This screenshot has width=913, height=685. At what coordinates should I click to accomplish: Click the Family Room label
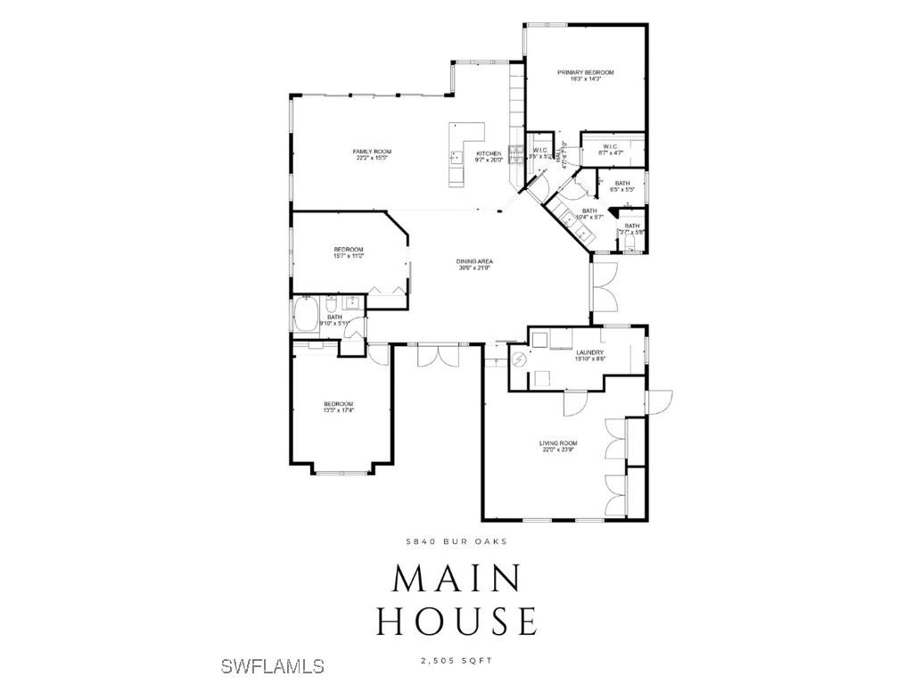point(372,152)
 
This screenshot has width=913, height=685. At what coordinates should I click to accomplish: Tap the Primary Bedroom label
point(586,72)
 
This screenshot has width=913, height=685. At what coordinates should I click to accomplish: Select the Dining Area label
point(475,261)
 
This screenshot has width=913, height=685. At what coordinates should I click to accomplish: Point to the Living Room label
point(558,443)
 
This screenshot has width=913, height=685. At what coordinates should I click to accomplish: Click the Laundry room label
point(589,352)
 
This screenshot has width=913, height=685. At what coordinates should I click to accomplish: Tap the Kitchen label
point(489,154)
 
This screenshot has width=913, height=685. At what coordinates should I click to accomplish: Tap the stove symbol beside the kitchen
point(515,153)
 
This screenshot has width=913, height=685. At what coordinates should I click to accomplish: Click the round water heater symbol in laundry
point(519,360)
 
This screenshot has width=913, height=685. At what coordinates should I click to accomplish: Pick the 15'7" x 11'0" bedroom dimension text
point(349,256)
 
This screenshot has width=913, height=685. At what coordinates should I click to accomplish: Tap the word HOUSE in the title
point(456,620)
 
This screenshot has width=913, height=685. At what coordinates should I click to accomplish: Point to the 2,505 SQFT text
point(456,660)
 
